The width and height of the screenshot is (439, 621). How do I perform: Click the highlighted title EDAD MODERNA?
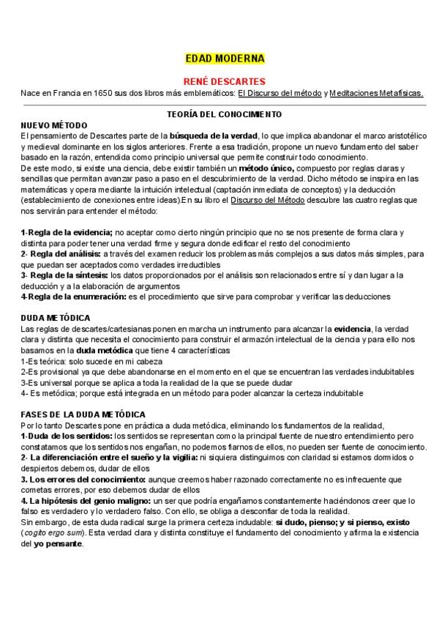click(225, 59)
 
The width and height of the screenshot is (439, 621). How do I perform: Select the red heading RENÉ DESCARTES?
click(224, 81)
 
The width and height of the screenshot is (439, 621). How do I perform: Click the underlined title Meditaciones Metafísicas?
click(376, 93)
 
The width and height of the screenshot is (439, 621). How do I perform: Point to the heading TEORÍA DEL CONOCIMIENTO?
click(225, 115)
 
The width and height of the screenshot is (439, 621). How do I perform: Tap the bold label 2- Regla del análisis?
click(60, 253)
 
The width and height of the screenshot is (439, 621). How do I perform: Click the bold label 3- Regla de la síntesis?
click(61, 275)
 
